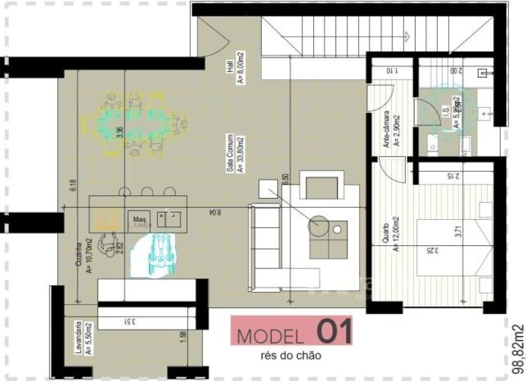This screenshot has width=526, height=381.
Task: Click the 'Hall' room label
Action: tap(230, 67)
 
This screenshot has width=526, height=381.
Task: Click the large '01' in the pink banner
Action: tap(334, 332)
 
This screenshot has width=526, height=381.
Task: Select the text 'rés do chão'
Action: tap(291, 356)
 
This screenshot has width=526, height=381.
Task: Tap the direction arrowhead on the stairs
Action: tap(407, 36)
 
